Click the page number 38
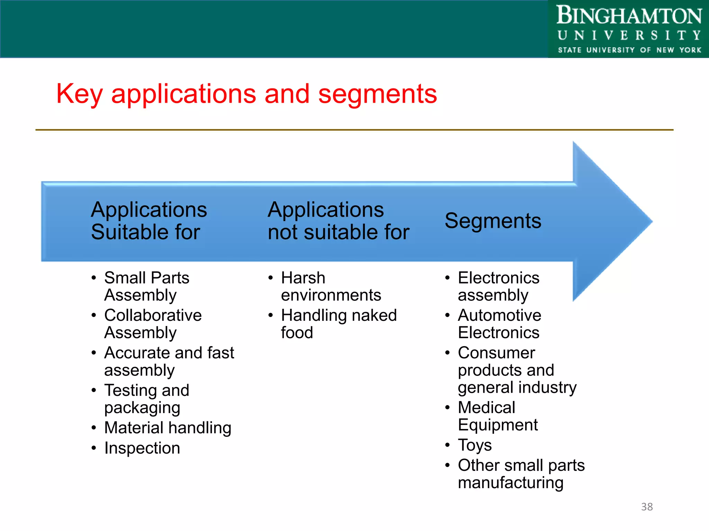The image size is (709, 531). (x=647, y=507)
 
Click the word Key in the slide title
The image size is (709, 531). (x=79, y=94)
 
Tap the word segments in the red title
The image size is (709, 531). (x=377, y=94)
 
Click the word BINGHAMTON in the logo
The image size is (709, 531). (x=629, y=16)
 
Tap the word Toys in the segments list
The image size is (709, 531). (x=475, y=445)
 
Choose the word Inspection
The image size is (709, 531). (x=142, y=448)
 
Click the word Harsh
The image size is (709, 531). (x=303, y=278)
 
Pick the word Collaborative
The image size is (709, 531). (x=153, y=315)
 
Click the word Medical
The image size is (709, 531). (x=486, y=408)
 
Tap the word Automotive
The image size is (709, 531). (x=499, y=315)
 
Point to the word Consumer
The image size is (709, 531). (x=496, y=353)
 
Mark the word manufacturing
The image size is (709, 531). (x=511, y=483)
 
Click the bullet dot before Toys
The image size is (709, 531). (x=448, y=445)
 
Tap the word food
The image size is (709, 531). (x=297, y=333)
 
